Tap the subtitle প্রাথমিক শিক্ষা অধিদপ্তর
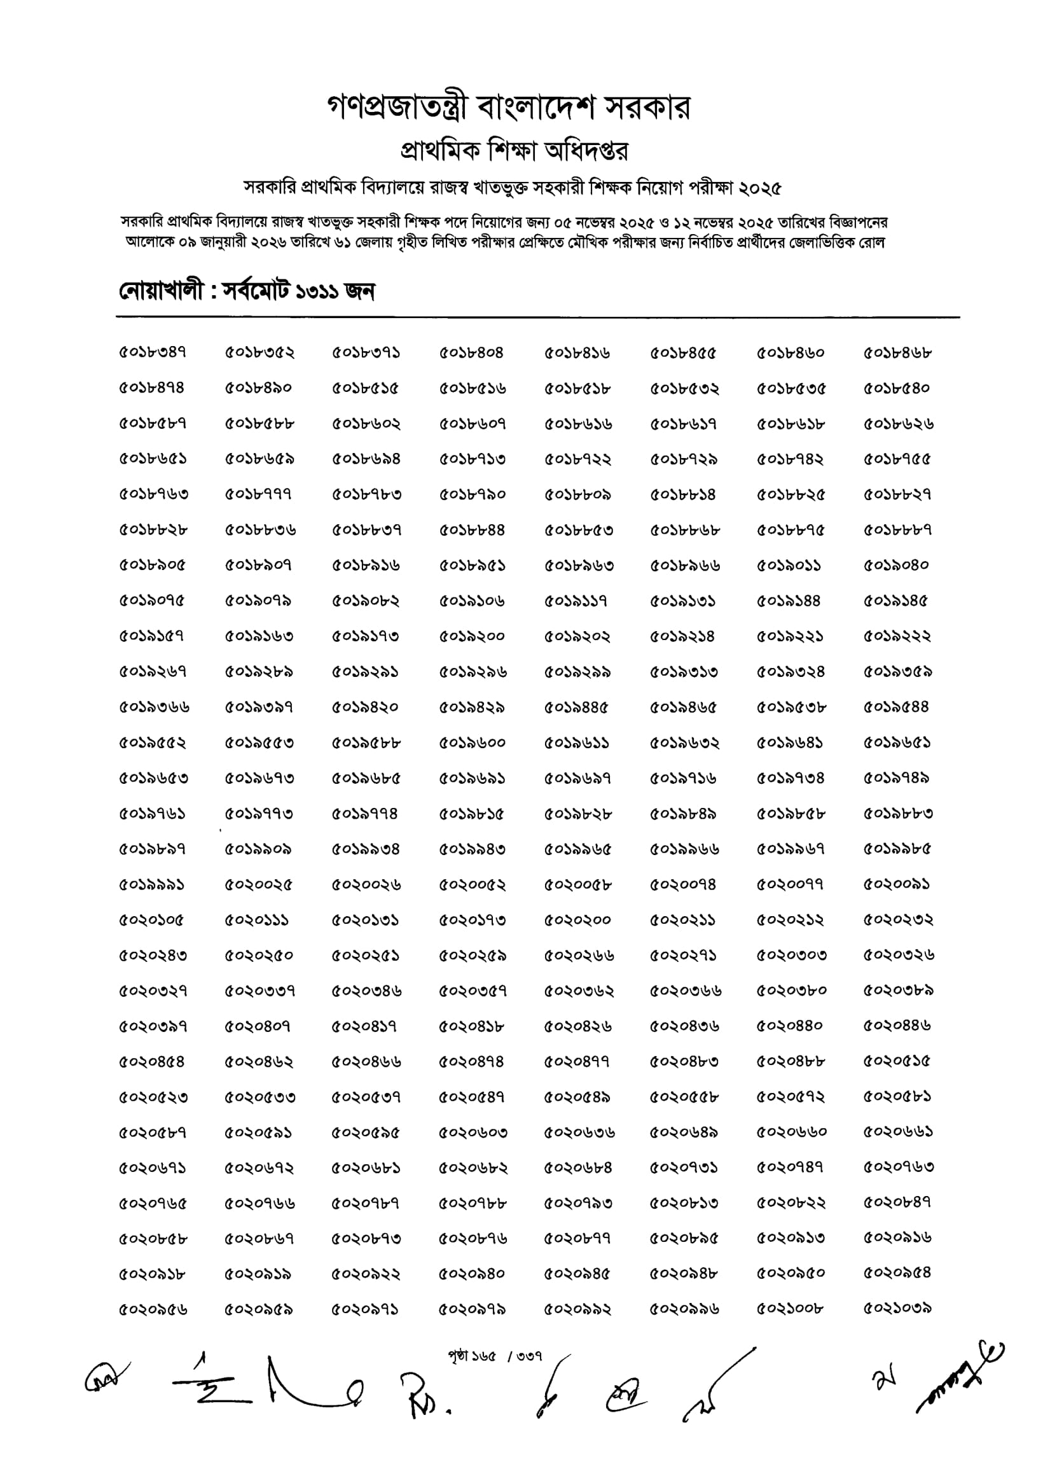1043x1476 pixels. point(514,151)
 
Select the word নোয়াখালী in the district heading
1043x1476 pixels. point(160,292)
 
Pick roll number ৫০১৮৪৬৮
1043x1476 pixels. point(898,353)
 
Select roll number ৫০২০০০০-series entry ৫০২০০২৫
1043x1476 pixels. point(259,884)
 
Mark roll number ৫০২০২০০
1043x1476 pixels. point(577,920)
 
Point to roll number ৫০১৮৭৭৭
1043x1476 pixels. point(259,494)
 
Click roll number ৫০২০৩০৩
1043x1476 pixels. point(791,956)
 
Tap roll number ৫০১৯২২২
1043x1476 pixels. point(898,636)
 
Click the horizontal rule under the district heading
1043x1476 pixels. point(537,317)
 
